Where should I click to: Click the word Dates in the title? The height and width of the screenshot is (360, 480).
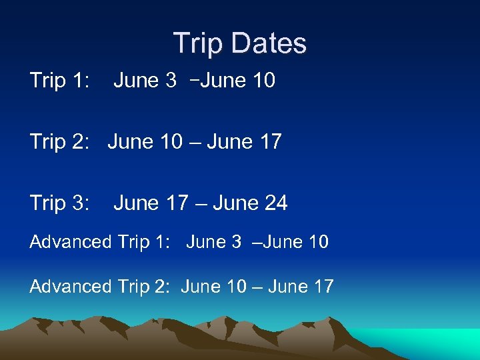coord(273,44)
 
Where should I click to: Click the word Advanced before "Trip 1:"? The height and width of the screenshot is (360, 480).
coord(70,242)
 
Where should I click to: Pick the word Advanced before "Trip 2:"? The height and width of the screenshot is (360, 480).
coord(70,287)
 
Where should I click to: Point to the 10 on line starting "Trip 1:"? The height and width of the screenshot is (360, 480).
coord(263,81)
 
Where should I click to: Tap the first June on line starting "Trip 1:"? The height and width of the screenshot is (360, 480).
coord(135,81)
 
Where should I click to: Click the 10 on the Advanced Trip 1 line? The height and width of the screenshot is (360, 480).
coord(316,242)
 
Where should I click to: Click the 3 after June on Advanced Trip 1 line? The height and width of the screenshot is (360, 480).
coord(237,242)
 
